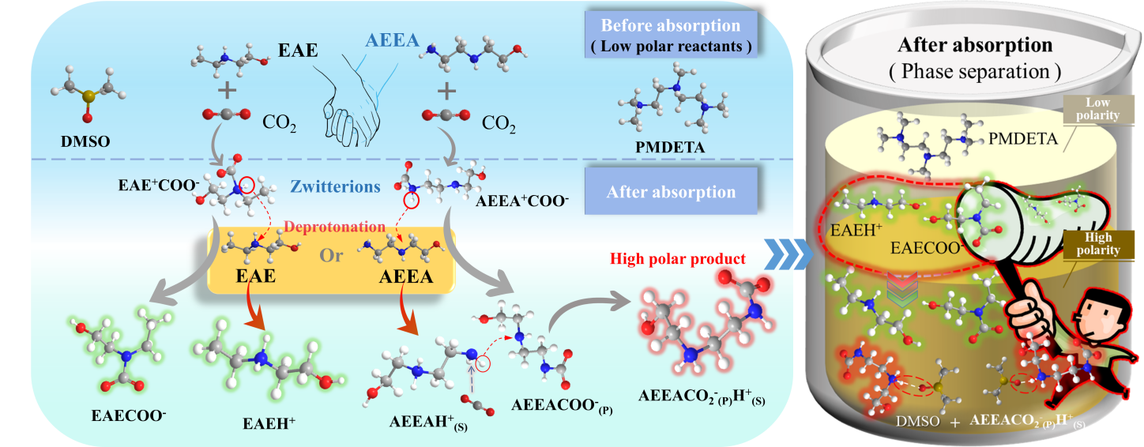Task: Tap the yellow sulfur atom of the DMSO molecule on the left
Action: point(88,96)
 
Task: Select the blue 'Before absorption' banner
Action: point(671,33)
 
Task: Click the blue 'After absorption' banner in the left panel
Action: point(671,191)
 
